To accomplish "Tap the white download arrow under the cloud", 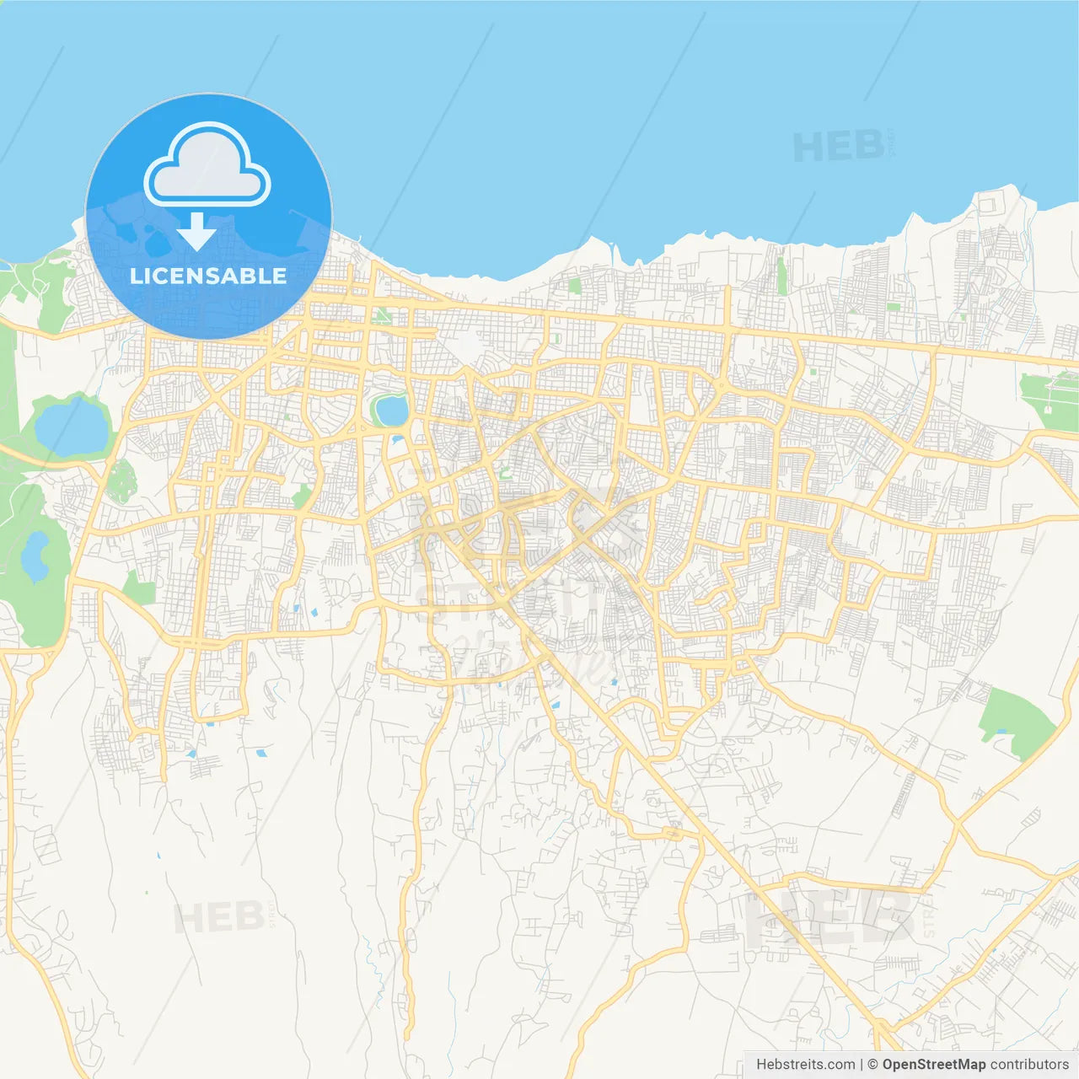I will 196,232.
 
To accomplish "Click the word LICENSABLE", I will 208,276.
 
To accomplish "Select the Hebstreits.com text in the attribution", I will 805,1064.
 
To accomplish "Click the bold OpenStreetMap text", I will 933,1064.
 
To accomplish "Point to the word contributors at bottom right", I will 1029,1064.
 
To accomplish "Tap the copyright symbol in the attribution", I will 872,1064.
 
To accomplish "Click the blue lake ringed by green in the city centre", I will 391,411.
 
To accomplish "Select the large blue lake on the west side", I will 72,427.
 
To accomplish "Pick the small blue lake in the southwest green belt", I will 35,556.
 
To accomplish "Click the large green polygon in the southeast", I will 1016,722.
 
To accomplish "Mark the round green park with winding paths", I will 121,480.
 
